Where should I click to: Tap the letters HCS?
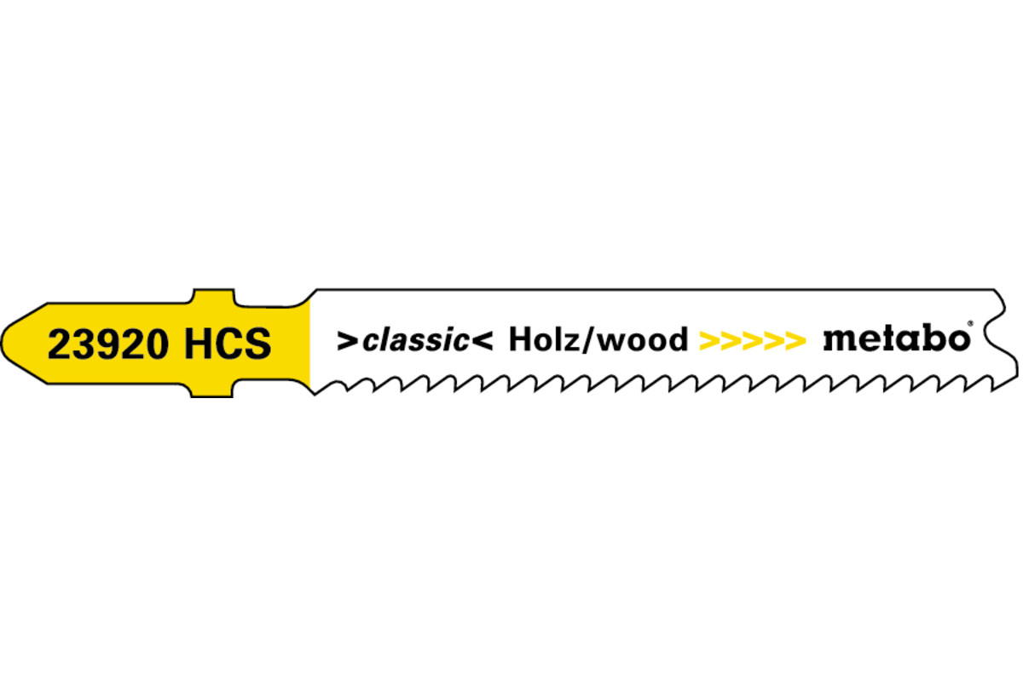tap(227, 344)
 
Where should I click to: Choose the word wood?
tap(644, 340)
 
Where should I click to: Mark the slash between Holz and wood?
tap(589, 340)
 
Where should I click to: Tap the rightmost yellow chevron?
tap(795, 341)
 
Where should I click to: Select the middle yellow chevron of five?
tap(752, 341)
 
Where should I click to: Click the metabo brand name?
tap(894, 338)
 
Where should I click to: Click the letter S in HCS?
tap(257, 344)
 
